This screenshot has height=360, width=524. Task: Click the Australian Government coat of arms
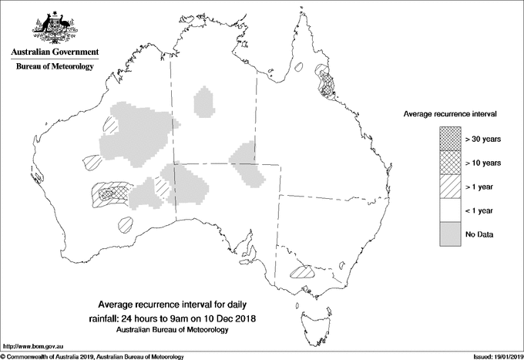point(54,27)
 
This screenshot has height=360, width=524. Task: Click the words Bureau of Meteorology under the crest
point(54,67)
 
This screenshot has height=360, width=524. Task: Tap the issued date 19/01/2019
point(504,355)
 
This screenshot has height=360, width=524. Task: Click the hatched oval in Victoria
point(301,271)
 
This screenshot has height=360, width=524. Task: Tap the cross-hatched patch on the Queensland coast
point(329,82)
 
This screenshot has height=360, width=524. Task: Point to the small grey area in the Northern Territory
point(205,101)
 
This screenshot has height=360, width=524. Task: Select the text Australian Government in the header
point(54,52)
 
